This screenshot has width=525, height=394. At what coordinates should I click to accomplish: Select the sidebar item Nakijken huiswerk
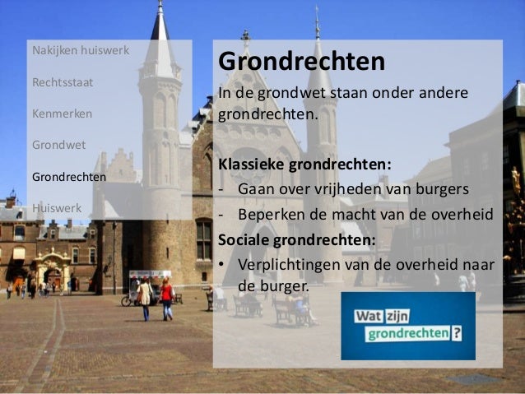[x=80, y=51]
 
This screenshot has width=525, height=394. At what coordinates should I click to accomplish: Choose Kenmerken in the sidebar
[x=62, y=114]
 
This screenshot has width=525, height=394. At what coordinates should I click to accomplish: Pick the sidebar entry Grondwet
[x=58, y=145]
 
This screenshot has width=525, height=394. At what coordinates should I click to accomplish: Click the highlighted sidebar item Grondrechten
[x=68, y=176]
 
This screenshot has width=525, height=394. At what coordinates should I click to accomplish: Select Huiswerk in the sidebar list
[x=57, y=207]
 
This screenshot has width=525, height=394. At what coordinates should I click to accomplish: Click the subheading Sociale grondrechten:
[x=296, y=241]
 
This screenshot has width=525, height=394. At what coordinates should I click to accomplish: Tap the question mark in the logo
[x=456, y=335]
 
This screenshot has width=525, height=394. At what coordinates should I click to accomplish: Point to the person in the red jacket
[x=167, y=294]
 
